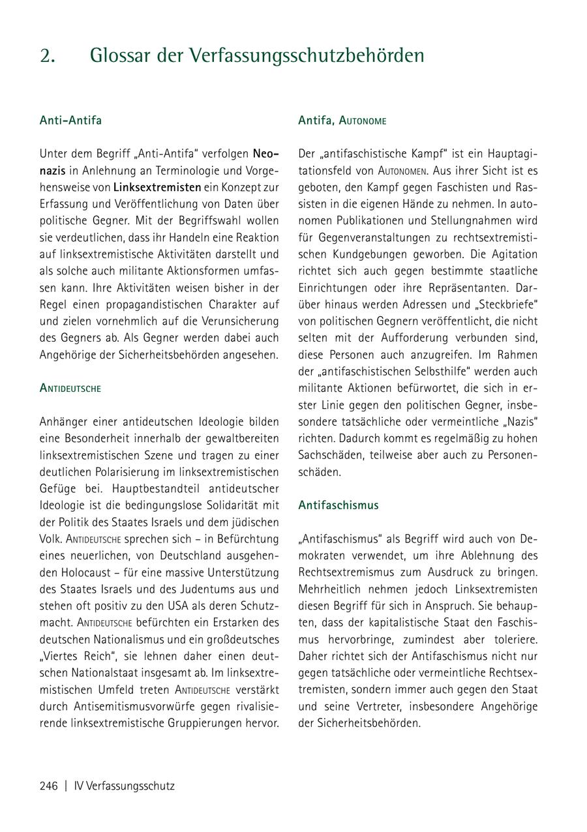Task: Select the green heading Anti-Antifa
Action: point(70,121)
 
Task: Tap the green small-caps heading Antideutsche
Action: point(70,388)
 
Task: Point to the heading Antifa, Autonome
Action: point(342,121)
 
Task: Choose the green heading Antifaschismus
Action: point(338,505)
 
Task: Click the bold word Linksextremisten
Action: point(157,187)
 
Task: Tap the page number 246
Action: point(49,786)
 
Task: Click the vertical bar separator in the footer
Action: point(66,786)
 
